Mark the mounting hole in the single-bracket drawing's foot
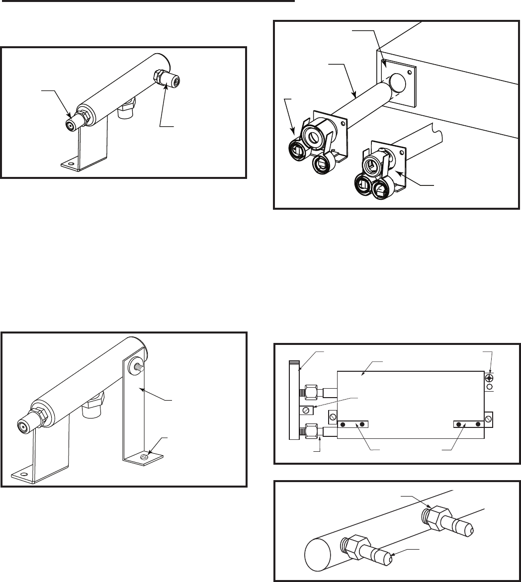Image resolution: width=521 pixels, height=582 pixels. coord(71,163)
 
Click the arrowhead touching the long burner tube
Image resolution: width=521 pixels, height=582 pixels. coord(353,95)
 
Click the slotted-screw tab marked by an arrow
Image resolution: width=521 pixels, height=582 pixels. coord(306,410)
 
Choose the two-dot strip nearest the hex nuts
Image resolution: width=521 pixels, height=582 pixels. coord(353,424)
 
